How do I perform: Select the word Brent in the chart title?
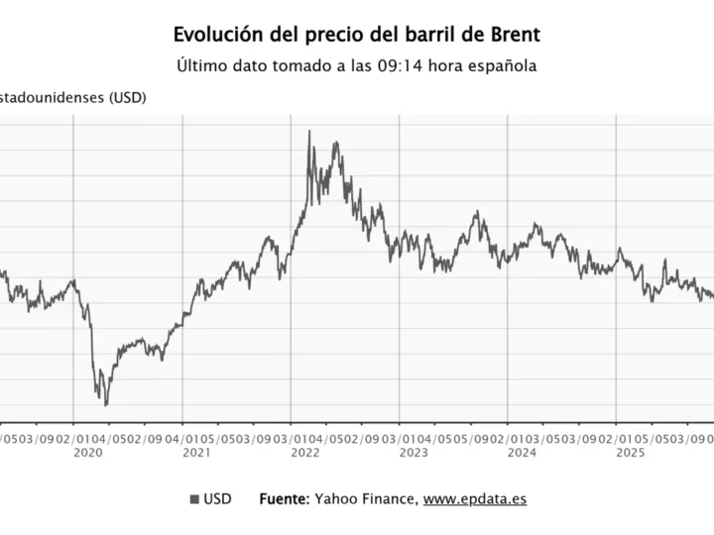click(x=513, y=36)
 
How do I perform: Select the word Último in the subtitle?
click(x=199, y=67)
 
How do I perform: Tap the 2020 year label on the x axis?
click(x=87, y=453)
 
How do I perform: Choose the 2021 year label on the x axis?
click(x=196, y=453)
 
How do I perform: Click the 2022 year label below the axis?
click(x=304, y=453)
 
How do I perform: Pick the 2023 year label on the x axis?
click(x=414, y=453)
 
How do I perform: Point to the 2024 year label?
click(x=522, y=453)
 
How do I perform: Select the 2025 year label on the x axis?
click(x=631, y=453)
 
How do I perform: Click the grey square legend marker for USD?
click(x=193, y=499)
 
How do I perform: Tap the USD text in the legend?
click(x=217, y=499)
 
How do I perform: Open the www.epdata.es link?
click(x=475, y=499)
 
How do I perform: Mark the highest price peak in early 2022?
click(x=308, y=131)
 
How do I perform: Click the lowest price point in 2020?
click(x=106, y=404)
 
